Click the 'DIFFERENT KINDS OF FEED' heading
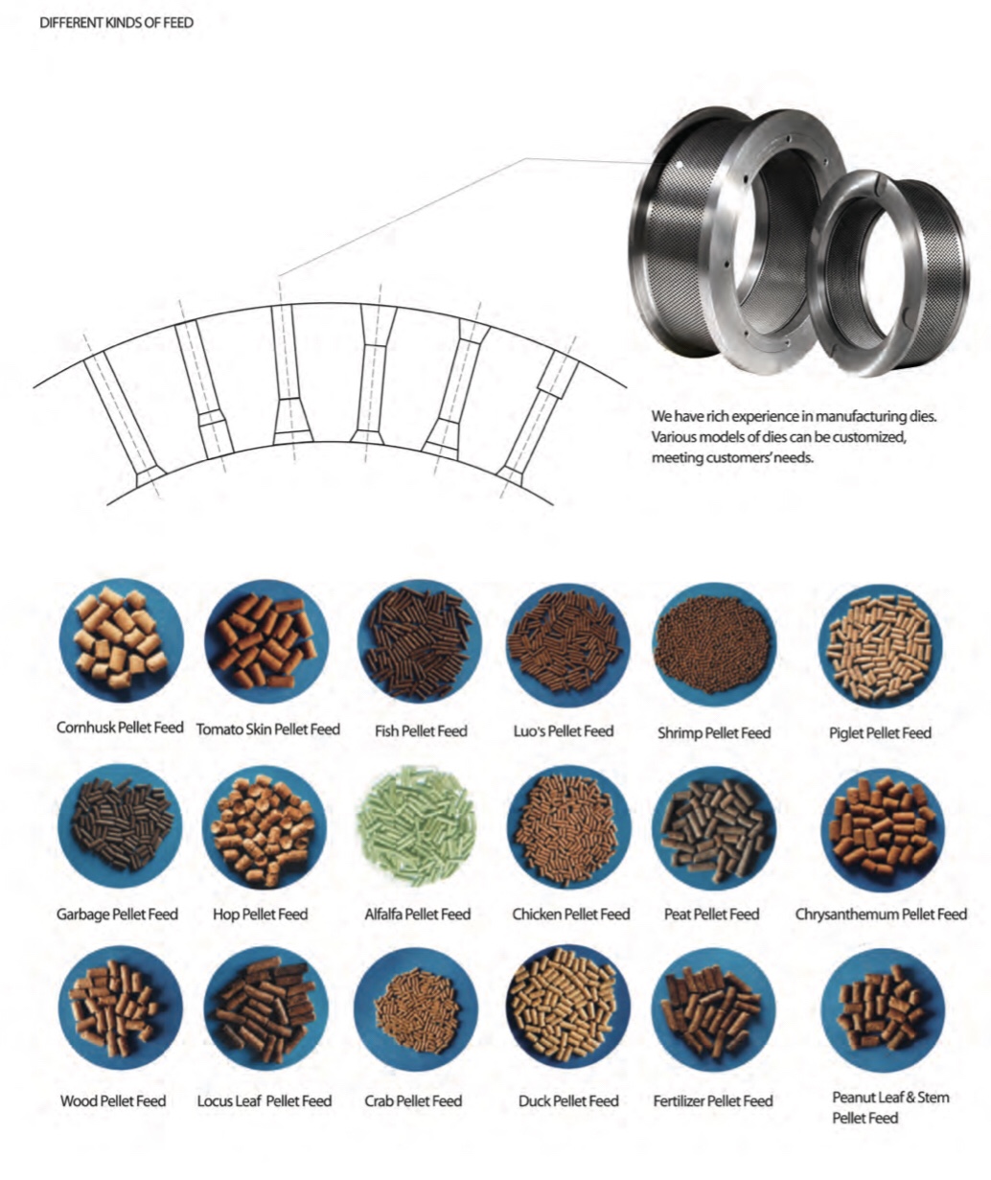116,22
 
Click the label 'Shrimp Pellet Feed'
714,733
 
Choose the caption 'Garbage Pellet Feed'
117,914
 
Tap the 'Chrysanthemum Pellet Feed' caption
881,914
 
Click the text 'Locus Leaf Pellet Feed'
265,1101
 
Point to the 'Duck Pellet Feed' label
568,1101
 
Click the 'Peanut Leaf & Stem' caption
890,1098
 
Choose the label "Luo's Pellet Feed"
564,731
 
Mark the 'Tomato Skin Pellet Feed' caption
267,729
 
